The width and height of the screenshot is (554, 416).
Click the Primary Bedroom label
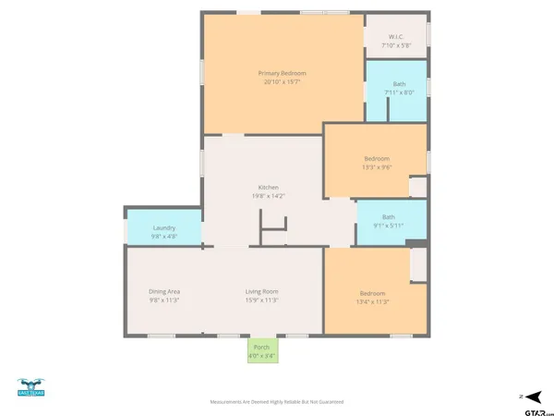pyautogui.click(x=282, y=73)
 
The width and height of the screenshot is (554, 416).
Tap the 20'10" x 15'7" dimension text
pyautogui.click(x=282, y=82)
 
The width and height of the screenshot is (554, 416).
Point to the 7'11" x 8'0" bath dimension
pyautogui.click(x=399, y=92)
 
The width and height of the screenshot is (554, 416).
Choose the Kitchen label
pyautogui.click(x=268, y=187)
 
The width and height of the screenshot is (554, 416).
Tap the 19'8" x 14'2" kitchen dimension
pyautogui.click(x=268, y=195)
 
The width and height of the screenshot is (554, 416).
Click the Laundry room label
pyautogui.click(x=164, y=227)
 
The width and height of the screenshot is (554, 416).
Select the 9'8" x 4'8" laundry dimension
pyautogui.click(x=164, y=236)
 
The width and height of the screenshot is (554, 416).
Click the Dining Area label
pyautogui.click(x=164, y=291)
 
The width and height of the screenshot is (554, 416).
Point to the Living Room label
pyautogui.click(x=261, y=291)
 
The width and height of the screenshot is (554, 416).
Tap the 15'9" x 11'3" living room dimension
pyautogui.click(x=261, y=300)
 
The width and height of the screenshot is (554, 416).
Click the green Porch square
pyautogui.click(x=261, y=350)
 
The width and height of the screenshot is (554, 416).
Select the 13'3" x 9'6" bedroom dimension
pyautogui.click(x=376, y=167)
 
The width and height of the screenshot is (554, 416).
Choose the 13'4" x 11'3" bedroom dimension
pyautogui.click(x=373, y=300)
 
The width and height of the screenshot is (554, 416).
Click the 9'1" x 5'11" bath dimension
pyautogui.click(x=388, y=226)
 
